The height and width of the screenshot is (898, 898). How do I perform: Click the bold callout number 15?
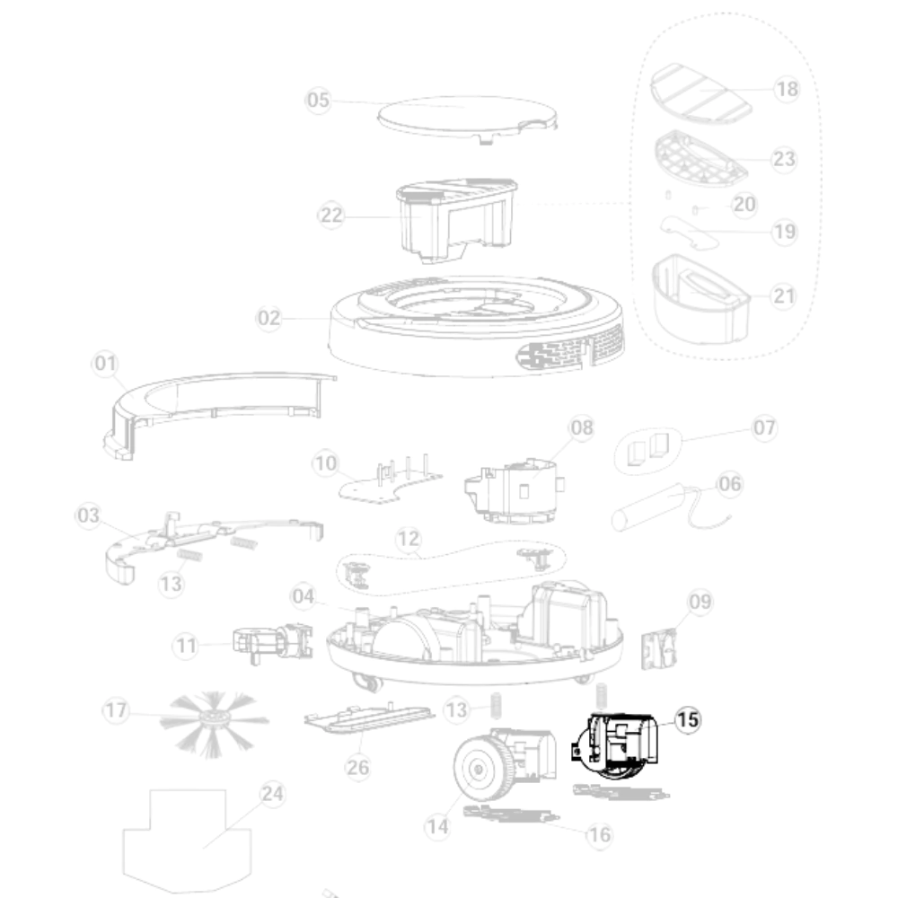pos(688,720)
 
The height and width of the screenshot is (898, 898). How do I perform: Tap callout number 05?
pos(319,101)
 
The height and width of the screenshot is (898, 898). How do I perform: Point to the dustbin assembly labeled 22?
pos(457,221)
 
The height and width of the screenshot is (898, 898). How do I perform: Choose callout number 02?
pos(269,318)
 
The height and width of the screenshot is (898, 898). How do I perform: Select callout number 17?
pos(116,710)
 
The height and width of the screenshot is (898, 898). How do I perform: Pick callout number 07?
pos(764,427)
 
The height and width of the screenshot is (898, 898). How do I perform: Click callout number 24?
pos(272,794)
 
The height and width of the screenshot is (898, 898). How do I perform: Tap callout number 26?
pos(358,767)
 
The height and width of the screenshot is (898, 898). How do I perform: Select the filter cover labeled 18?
pos(701,93)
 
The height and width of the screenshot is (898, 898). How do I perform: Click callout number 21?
pos(784,296)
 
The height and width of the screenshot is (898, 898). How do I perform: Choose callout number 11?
pos(186,646)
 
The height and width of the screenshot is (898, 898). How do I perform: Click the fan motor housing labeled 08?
pos(515,491)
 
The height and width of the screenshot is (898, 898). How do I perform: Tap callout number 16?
pos(600,835)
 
